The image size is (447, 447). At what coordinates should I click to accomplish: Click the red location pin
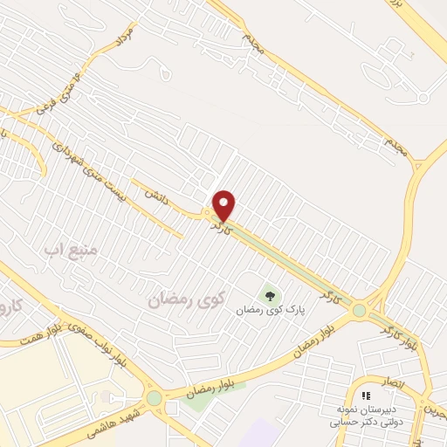click(224, 204)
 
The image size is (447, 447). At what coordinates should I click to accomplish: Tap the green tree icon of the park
click(268, 294)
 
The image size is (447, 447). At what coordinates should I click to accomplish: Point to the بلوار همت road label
click(24, 340)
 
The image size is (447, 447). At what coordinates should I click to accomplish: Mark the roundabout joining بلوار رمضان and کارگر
click(359, 310)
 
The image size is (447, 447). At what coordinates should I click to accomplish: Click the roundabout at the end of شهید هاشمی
click(155, 398)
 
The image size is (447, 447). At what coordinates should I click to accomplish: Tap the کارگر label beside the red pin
click(219, 226)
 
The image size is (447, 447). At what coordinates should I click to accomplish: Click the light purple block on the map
click(262, 433)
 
